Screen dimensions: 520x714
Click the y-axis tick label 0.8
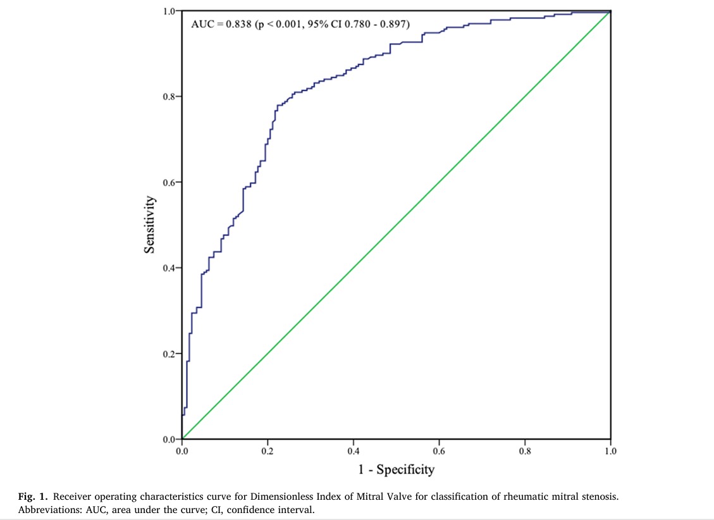[x=169, y=97]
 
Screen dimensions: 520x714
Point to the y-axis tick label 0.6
[x=169, y=182]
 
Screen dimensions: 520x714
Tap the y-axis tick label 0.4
[x=169, y=268]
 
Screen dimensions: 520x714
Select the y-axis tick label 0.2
[x=169, y=354]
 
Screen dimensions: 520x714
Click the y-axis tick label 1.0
[x=169, y=11]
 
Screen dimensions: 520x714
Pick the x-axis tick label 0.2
[x=268, y=451]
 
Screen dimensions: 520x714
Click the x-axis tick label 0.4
[x=353, y=451]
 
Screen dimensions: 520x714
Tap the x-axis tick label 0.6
[x=439, y=451]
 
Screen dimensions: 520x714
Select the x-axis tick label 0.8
[x=524, y=451]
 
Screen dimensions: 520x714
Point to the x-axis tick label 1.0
[x=610, y=451]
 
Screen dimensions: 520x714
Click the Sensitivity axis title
[x=150, y=225]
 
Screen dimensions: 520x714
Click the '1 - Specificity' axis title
[x=396, y=469]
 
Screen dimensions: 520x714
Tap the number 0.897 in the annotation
[x=393, y=25]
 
